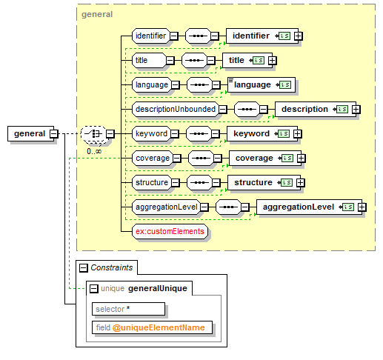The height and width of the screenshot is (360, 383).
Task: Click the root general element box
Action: [30, 133]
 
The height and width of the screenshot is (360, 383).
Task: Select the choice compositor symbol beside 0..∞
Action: [93, 133]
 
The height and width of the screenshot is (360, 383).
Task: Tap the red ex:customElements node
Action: [170, 231]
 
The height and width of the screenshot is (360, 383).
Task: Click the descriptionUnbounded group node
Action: [176, 109]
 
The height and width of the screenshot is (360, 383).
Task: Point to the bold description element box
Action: [316, 109]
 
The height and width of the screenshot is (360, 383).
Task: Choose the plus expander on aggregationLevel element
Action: [362, 207]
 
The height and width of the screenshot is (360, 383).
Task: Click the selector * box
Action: [128, 309]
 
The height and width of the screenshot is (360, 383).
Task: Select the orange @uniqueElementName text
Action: [159, 327]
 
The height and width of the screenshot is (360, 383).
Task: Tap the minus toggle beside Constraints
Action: [84, 268]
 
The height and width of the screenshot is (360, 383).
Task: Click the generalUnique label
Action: [158, 288]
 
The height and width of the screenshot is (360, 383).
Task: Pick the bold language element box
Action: [262, 84]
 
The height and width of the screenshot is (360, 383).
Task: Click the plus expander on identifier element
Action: [299, 36]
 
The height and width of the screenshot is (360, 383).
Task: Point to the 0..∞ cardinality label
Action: [94, 151]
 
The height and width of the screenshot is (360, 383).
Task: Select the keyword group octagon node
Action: [151, 133]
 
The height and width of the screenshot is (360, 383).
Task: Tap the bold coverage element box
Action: [265, 158]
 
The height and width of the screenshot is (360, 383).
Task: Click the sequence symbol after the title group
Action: [194, 60]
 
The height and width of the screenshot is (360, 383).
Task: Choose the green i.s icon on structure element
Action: [287, 182]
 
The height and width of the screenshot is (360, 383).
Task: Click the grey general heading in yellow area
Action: [97, 14]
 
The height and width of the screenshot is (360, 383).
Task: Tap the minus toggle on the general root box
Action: [53, 133]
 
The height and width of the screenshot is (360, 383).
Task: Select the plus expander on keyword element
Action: [298, 134]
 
